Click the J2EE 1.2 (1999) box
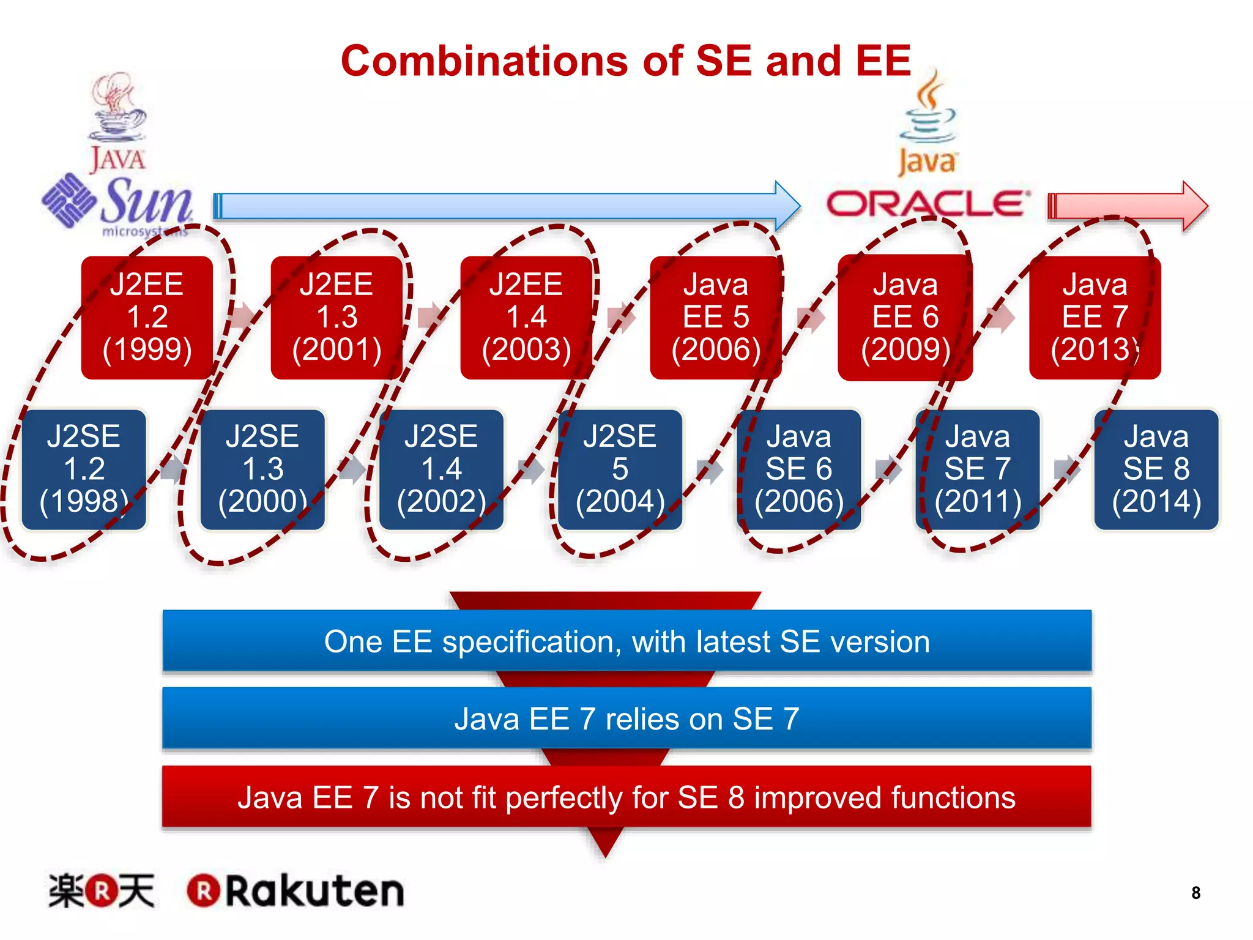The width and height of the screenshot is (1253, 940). (x=147, y=317)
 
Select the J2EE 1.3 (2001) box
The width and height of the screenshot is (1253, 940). (x=336, y=317)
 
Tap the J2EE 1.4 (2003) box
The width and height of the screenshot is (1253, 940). (x=526, y=317)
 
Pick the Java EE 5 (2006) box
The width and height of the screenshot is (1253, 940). (x=716, y=317)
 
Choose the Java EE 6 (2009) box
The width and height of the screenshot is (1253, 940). (x=905, y=317)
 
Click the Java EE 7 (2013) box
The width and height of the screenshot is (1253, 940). (x=1095, y=317)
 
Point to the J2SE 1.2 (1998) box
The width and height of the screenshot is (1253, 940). (x=84, y=469)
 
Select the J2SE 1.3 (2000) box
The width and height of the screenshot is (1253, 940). (x=262, y=469)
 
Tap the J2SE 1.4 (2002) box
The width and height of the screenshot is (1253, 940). (x=441, y=469)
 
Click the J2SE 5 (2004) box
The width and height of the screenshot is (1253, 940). (x=620, y=469)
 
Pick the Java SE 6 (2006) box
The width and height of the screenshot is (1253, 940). (x=798, y=469)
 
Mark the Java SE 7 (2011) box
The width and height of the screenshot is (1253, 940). (x=977, y=469)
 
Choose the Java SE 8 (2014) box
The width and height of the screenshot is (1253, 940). (x=1156, y=469)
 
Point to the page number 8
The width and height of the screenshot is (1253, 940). (x=1195, y=893)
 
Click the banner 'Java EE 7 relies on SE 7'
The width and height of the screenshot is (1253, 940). (x=626, y=718)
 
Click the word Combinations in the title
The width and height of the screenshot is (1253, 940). (x=483, y=61)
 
